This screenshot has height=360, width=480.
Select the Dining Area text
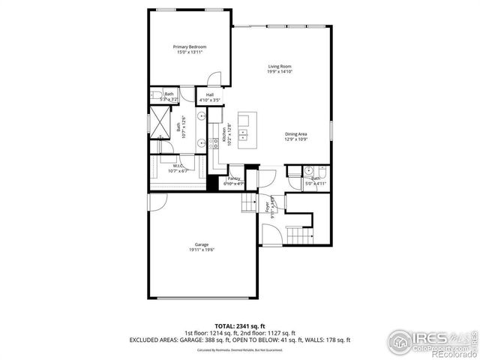click(x=296, y=134)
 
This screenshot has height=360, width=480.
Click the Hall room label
click(x=200, y=94)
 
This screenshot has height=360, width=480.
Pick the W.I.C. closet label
click(x=178, y=166)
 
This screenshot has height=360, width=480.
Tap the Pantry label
click(x=234, y=178)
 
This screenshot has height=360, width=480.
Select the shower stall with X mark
click(x=160, y=122)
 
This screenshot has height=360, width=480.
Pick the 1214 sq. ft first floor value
click(x=229, y=333)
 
